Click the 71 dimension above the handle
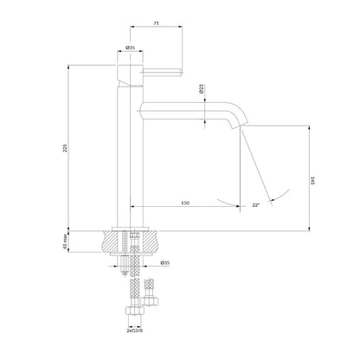click(x=156, y=22)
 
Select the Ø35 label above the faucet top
click(x=130, y=48)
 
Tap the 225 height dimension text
click(x=65, y=148)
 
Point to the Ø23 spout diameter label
click(x=202, y=88)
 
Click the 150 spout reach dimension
click(x=185, y=202)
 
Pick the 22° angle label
click(x=256, y=205)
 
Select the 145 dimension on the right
click(x=312, y=181)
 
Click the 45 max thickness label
click(x=65, y=241)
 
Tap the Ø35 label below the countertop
click(x=165, y=263)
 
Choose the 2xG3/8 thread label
click(x=135, y=331)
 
